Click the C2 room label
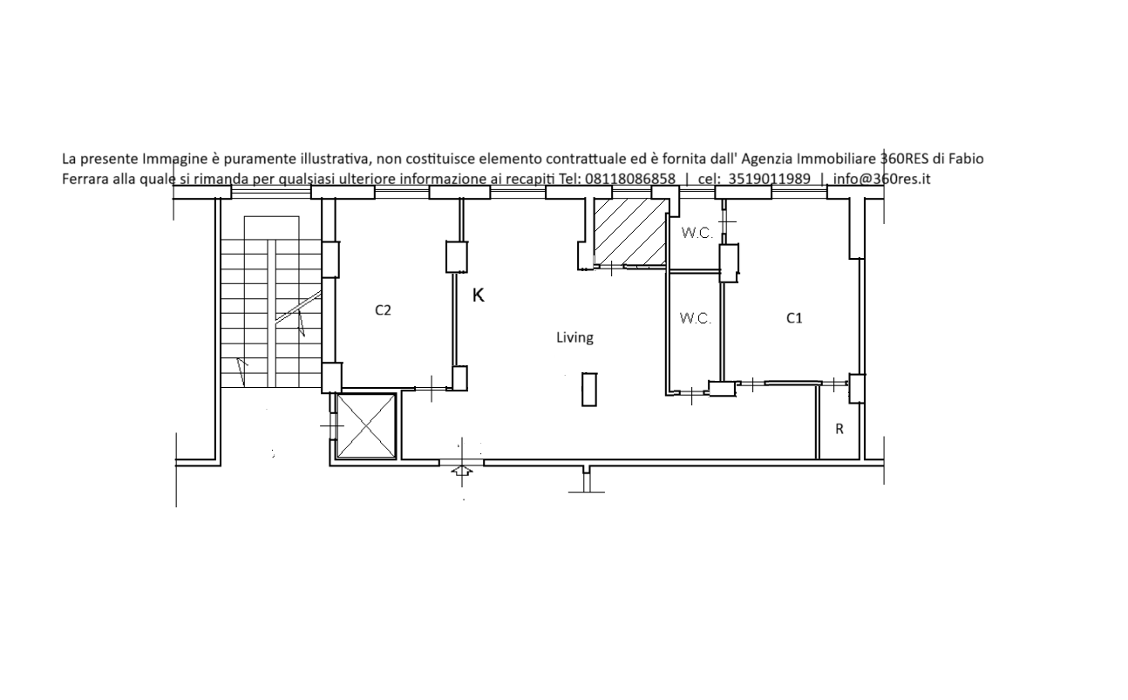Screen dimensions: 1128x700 click(383, 310)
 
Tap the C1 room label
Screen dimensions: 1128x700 click(794, 318)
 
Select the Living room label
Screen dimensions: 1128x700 click(574, 337)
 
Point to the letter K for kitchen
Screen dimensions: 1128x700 click(479, 296)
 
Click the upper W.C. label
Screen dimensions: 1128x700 click(697, 233)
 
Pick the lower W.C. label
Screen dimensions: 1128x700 click(696, 318)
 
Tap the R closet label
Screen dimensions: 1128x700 click(839, 429)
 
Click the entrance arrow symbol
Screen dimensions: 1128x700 click(462, 472)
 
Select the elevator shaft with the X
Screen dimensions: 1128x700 click(366, 426)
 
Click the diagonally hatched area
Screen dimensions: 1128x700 click(631, 232)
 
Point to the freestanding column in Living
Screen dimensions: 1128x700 click(589, 390)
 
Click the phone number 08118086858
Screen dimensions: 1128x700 click(630, 179)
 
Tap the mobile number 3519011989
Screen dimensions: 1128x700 click(769, 179)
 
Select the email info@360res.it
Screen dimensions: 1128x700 click(881, 179)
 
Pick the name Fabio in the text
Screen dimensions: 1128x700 click(966, 159)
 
